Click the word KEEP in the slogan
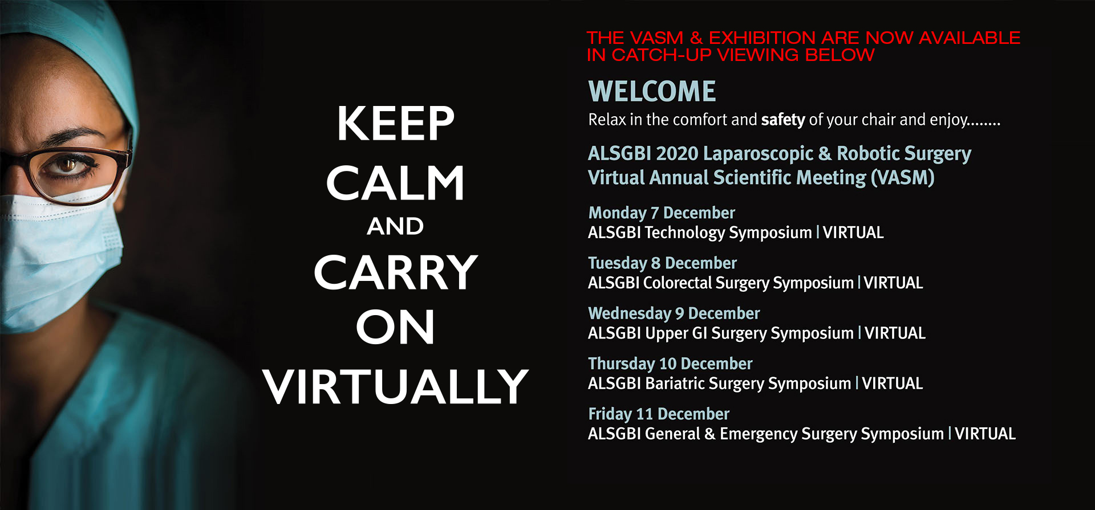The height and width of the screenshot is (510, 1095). [395, 123]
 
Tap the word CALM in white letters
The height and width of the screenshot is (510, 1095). [395, 183]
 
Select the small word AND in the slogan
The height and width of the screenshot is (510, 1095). [395, 226]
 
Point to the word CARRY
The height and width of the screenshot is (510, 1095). [395, 272]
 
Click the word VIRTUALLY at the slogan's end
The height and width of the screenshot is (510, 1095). [395, 386]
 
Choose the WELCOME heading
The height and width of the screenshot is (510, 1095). [652, 91]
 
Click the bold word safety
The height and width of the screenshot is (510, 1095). [783, 120]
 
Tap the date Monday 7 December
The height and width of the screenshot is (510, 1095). [662, 213]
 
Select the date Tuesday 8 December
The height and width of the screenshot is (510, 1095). [662, 263]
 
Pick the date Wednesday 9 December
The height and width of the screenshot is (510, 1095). [674, 313]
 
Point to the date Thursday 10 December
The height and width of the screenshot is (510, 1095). [670, 363]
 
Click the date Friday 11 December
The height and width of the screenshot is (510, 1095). [659, 413]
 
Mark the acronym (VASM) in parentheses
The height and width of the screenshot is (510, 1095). [903, 178]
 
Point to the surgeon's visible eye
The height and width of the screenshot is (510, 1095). [67, 165]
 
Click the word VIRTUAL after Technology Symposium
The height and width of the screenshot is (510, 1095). [853, 232]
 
